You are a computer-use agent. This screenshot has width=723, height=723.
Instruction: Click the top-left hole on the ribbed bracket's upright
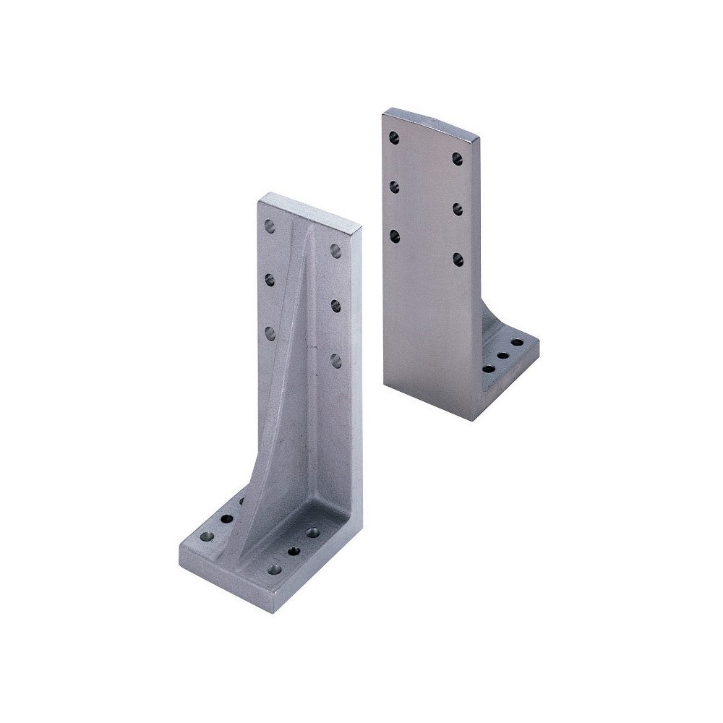(x=270, y=226)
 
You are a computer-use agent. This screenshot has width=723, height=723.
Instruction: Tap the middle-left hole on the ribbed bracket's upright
(x=270, y=278)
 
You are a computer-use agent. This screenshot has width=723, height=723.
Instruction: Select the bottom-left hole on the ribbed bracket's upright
(x=270, y=333)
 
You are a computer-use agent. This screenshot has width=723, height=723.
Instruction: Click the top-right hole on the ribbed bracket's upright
(x=335, y=250)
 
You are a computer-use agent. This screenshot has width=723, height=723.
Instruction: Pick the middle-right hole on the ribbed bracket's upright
(x=336, y=305)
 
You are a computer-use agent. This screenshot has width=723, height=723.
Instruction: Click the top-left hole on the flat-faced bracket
(x=394, y=136)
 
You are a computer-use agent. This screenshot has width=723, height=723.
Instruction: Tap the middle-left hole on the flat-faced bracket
(x=395, y=186)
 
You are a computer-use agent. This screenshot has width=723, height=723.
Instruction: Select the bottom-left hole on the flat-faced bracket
(x=395, y=235)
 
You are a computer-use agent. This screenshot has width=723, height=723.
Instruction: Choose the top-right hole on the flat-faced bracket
(x=458, y=158)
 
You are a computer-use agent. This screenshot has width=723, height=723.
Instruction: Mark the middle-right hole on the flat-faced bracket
(x=458, y=209)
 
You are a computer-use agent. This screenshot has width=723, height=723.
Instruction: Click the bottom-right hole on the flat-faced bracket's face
(x=458, y=258)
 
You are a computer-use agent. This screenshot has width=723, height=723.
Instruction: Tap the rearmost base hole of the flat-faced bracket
(x=517, y=342)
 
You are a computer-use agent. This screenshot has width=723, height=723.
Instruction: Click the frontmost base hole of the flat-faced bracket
(x=489, y=369)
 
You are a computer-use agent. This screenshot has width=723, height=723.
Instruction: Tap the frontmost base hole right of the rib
(x=274, y=569)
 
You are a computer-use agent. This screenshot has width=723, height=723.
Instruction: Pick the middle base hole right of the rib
(x=294, y=551)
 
